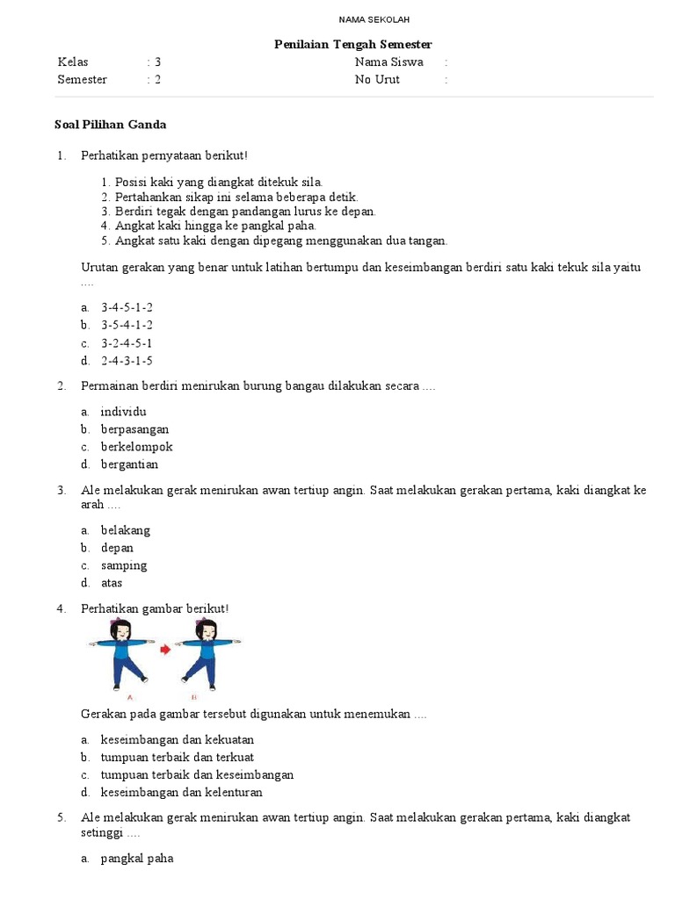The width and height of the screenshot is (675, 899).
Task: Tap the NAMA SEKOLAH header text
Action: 361,19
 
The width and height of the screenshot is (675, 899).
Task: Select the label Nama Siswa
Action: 388,62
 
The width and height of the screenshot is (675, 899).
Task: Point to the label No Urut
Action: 377,80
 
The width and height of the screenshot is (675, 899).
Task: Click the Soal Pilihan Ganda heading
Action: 111,125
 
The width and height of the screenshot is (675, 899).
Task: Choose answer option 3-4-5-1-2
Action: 127,307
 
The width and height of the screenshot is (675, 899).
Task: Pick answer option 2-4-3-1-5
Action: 127,360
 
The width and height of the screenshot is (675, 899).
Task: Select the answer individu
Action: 123,412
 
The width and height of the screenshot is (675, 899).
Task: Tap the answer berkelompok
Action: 136,447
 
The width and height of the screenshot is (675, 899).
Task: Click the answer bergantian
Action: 129,464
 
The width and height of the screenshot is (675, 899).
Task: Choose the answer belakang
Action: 125,530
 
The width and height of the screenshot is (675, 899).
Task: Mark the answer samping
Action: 123,565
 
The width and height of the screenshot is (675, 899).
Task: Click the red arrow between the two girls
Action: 164,650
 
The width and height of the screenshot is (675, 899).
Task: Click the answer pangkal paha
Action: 136,859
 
